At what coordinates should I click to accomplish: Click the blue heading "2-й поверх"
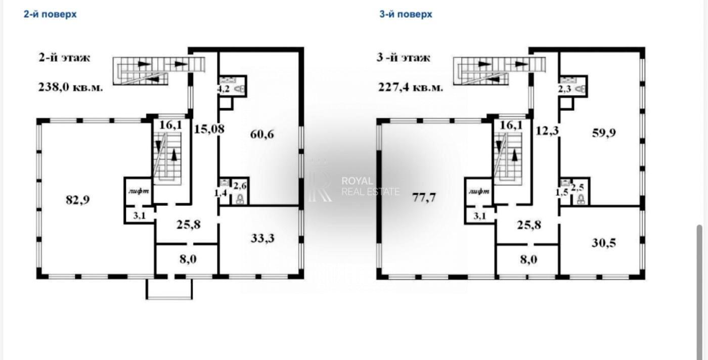(50, 14)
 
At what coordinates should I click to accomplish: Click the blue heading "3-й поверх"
(406, 14)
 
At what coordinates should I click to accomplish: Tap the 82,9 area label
(78, 200)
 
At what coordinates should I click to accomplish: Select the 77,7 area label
(424, 198)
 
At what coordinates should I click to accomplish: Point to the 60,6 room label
(262, 134)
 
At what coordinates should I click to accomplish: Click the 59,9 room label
(604, 133)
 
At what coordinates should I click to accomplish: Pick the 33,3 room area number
(262, 238)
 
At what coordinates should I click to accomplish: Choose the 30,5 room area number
(604, 243)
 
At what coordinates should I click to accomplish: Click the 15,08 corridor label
(209, 129)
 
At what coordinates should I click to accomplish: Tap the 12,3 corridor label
(547, 130)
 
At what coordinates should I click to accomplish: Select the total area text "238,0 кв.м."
(70, 87)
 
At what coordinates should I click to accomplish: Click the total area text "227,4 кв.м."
(411, 87)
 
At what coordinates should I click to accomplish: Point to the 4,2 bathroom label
(224, 89)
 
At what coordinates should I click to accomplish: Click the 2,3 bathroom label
(564, 89)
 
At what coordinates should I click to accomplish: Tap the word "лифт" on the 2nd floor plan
(139, 191)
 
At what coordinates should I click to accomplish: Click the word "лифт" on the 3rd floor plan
(479, 191)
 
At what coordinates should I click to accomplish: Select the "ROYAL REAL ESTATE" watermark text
(370, 186)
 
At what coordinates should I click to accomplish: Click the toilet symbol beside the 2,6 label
(240, 199)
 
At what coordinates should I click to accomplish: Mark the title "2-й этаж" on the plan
(65, 58)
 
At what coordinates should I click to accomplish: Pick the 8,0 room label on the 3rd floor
(528, 259)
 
